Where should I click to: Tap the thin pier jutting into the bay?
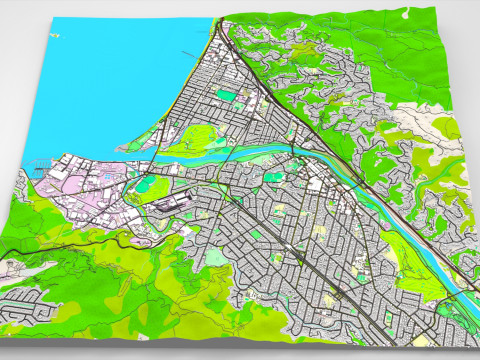click(x=190, y=52)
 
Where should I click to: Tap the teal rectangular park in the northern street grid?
click(x=227, y=96)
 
